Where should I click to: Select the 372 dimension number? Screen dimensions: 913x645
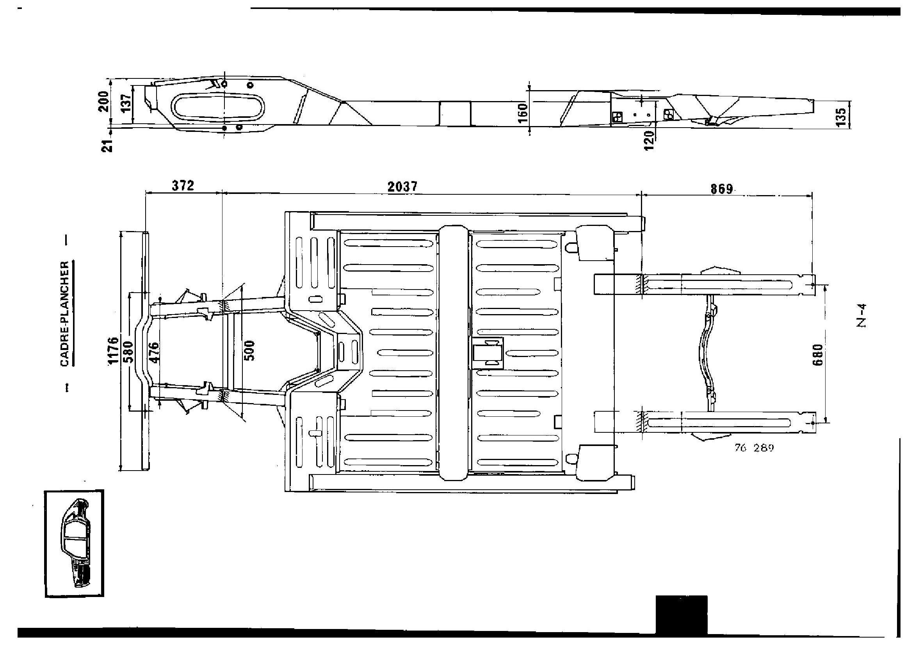183,186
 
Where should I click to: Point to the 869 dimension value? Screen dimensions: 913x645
722,189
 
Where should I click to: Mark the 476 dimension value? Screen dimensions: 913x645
153,352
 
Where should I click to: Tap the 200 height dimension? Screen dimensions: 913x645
104,102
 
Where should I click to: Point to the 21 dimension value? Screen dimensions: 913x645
107,146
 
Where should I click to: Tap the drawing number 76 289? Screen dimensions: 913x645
755,448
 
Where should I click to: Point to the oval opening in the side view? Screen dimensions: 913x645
218,107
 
